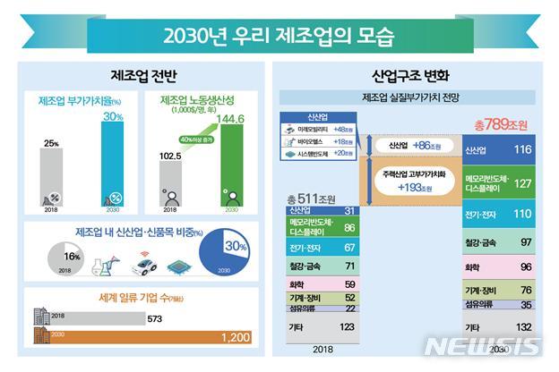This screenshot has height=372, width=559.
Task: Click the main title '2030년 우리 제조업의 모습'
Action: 279,38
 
